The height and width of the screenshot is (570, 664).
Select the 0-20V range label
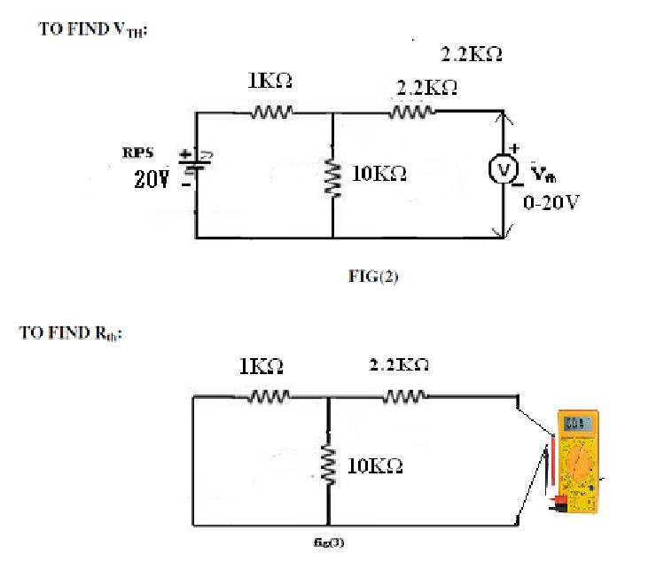pyautogui.click(x=551, y=202)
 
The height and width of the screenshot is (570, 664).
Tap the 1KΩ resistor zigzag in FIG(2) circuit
pyautogui.click(x=270, y=113)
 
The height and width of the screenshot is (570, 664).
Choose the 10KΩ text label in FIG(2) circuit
pyautogui.click(x=379, y=175)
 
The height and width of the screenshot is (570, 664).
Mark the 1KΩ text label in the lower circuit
pyautogui.click(x=262, y=365)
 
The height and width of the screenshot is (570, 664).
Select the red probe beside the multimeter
pyautogui.click(x=553, y=460)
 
